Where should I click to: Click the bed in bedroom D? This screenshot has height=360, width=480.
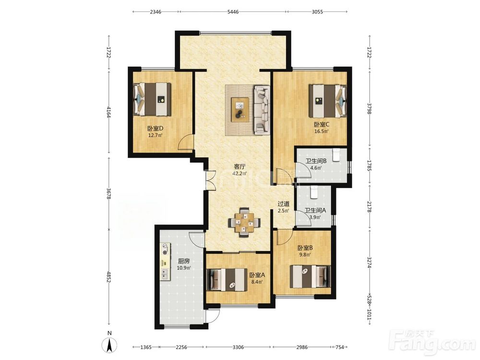coord(152,99)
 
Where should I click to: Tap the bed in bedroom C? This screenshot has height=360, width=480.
coord(327,101)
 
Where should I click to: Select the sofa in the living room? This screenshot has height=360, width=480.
coord(262,110)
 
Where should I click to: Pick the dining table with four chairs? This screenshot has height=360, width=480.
coord(244,223)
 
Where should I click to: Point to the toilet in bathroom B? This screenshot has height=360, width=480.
coord(336,155)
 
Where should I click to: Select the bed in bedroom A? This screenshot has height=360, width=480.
coord(227,279)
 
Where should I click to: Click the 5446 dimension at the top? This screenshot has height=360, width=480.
coord(233,12)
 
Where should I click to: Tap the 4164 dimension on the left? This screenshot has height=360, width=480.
coord(108,112)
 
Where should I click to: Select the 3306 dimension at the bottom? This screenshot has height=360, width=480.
coord(238,347)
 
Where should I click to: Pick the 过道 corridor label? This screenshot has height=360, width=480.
coord(284,204)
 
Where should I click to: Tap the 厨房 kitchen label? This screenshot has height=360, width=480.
coord(184,261)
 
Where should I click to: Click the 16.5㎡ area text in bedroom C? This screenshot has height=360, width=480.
coord(322,132)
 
